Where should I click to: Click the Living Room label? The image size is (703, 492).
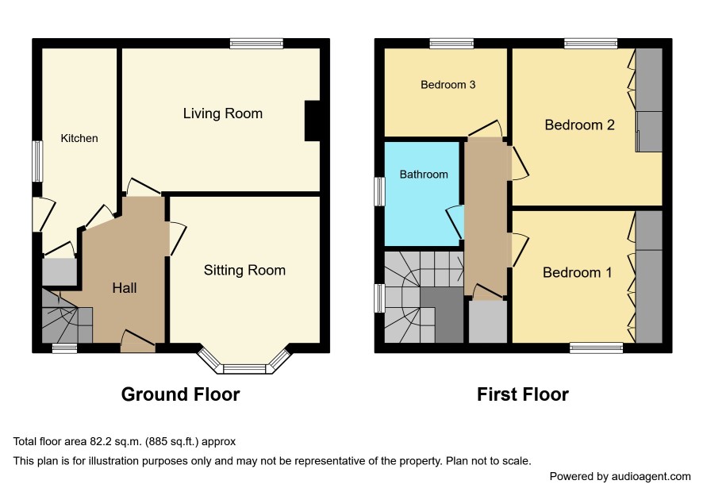(222, 113)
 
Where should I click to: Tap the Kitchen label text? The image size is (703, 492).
(79, 138)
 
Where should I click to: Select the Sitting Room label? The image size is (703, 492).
(244, 270)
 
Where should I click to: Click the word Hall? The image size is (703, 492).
(125, 288)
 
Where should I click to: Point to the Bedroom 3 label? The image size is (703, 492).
(448, 85)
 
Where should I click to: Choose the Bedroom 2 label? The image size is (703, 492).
(579, 125)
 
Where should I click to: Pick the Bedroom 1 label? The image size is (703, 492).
(577, 272)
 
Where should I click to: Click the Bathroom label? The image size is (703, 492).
(424, 174)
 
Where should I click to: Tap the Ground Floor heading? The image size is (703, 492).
(180, 394)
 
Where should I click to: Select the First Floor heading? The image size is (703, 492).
(523, 394)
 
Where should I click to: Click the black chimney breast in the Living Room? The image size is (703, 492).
(312, 121)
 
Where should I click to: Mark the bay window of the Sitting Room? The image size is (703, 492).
(244, 362)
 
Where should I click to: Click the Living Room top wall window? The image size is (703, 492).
(256, 44)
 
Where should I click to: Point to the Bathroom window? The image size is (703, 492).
(380, 191)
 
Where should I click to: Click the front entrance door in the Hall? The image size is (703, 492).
(138, 346)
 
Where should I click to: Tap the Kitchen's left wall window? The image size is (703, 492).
(37, 161)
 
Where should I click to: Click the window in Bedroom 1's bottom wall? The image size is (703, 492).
(597, 348)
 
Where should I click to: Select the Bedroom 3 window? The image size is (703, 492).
(451, 44)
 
